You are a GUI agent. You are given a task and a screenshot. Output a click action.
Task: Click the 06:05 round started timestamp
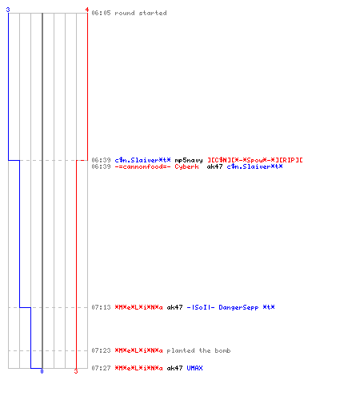pos(101,13)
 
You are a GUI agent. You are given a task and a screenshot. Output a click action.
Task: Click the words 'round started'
pos(141,13)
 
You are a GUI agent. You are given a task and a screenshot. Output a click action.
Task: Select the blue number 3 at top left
pos(8,10)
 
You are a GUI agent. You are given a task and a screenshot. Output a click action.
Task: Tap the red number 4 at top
pos(87,10)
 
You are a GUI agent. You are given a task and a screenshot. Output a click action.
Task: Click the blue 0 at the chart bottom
pos(42,371)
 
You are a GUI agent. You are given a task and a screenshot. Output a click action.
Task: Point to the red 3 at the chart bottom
pos(76,371)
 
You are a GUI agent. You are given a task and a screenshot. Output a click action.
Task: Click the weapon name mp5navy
pos(189,160)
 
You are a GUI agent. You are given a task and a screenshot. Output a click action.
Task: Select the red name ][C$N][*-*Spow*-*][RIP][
pos(255,160)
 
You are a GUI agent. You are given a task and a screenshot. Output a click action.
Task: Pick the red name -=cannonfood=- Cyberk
pos(157,166)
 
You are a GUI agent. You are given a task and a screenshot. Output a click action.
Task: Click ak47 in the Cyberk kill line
pos(214,166)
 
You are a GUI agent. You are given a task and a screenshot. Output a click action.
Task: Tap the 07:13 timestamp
pos(101,307)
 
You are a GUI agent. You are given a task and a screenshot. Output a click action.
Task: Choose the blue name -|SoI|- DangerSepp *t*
pos(230,307)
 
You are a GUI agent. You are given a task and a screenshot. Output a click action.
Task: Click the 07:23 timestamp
pos(101,350)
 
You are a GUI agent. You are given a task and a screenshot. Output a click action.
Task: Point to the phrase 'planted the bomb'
pos(198,350)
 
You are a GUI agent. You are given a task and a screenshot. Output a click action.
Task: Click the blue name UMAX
pos(194,368)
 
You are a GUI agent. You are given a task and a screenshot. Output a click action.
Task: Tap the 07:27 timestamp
pos(101,368)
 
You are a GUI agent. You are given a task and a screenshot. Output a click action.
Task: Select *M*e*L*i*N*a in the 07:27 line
pos(138,368)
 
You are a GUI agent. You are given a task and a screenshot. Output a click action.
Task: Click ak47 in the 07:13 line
pos(174,307)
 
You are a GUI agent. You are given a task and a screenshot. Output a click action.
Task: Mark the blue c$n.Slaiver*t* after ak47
pos(254,166)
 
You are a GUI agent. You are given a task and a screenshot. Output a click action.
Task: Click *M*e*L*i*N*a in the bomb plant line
pos(138,350)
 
